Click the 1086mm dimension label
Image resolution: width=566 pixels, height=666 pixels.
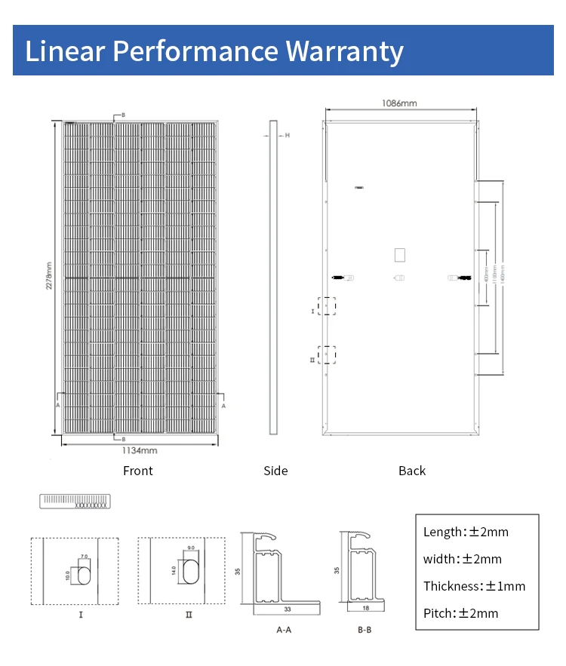(400, 103)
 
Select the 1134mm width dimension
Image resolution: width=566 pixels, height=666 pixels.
(140, 450)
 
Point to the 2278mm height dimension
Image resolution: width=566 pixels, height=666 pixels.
(48, 276)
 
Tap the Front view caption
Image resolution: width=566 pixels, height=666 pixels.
(137, 471)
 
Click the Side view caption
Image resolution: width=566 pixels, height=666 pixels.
(275, 471)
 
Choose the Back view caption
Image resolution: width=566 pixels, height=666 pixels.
(412, 471)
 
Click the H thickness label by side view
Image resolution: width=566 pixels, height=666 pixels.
(288, 136)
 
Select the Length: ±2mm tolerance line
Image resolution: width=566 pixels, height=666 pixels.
(466, 532)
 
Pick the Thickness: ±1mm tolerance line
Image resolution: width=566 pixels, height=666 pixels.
(474, 586)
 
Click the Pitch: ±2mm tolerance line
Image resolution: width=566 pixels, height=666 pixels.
(460, 613)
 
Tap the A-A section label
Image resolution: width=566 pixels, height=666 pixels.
(283, 629)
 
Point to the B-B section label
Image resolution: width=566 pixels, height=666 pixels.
(365, 629)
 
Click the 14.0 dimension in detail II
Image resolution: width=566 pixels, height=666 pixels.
(174, 570)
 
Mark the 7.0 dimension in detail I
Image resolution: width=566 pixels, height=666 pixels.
(84, 556)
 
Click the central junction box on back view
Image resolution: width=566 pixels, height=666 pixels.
(400, 254)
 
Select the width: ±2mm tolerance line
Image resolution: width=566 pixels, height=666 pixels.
(462, 559)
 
